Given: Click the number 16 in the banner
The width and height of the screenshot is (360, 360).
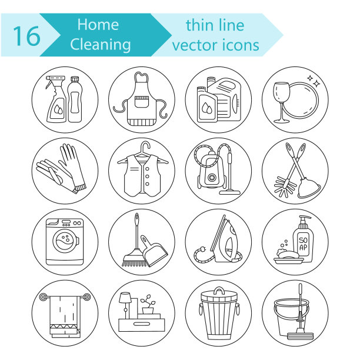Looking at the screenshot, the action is [x=26, y=36].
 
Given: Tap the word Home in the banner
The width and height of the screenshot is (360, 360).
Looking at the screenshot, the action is [x=98, y=25].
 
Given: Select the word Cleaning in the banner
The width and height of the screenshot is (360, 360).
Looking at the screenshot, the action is [x=101, y=45].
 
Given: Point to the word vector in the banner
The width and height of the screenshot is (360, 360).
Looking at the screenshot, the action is [x=195, y=45].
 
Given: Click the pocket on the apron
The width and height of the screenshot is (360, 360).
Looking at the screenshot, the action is [x=142, y=102].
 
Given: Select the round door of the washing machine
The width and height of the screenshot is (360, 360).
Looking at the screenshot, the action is [x=65, y=241].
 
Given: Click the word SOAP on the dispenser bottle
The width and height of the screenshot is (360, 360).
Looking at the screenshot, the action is [x=303, y=244].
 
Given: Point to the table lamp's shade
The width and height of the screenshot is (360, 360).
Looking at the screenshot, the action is [x=125, y=297].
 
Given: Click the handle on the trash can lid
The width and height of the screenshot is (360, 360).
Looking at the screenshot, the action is [x=219, y=291].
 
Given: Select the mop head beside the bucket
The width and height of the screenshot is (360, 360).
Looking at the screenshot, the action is [x=300, y=336].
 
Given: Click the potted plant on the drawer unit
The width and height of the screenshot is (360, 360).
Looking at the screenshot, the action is [x=147, y=305].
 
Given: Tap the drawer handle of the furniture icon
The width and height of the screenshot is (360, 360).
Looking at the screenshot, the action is [x=141, y=324].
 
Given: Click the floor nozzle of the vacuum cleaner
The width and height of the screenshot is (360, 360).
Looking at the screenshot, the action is [x=229, y=192].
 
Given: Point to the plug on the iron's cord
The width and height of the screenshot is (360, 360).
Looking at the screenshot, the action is [x=203, y=249].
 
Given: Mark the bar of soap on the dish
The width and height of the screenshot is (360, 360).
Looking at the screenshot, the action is [x=288, y=254].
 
